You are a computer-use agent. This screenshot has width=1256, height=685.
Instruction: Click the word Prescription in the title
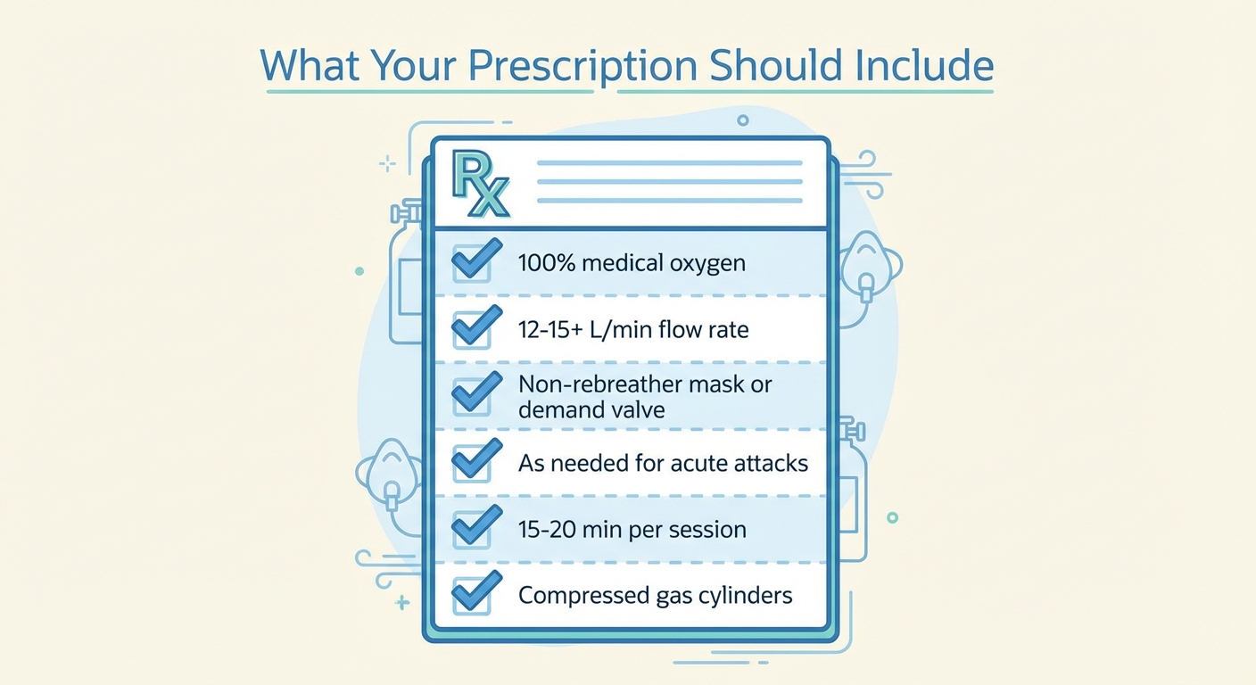click(583, 66)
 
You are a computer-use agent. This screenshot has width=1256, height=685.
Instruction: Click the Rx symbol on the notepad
click(481, 184)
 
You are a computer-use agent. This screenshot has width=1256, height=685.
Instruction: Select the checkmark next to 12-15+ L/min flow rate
click(476, 326)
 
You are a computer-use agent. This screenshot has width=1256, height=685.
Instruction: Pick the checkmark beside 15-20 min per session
click(476, 526)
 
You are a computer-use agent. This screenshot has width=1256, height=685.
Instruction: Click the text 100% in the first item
click(547, 262)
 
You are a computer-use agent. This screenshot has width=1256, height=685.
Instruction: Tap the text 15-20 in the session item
click(547, 529)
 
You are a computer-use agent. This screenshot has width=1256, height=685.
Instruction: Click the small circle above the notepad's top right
click(743, 120)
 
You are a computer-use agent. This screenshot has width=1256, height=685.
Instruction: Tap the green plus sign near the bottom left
click(402, 603)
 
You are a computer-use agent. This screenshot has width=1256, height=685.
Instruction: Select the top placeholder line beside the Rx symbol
click(670, 163)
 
